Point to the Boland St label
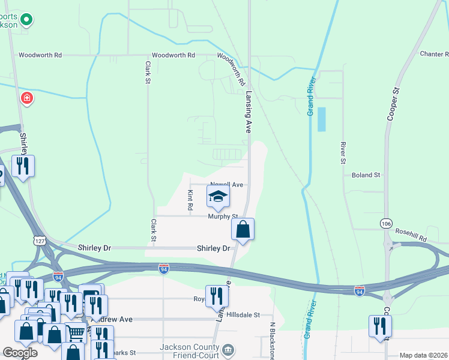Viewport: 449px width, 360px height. [x=366, y=175]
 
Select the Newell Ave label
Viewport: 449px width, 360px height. [x=226, y=185]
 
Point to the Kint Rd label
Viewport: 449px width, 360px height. [x=190, y=200]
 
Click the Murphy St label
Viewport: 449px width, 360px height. [x=223, y=216]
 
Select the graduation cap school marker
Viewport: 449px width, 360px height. [x=218, y=196]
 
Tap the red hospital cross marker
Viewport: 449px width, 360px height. [x=26, y=98]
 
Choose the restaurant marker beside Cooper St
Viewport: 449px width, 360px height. [x=380, y=326]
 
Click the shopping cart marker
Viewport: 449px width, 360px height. [x=75, y=333]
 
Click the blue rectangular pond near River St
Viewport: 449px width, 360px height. [x=322, y=119]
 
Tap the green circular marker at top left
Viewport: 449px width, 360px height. [x=26, y=20]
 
